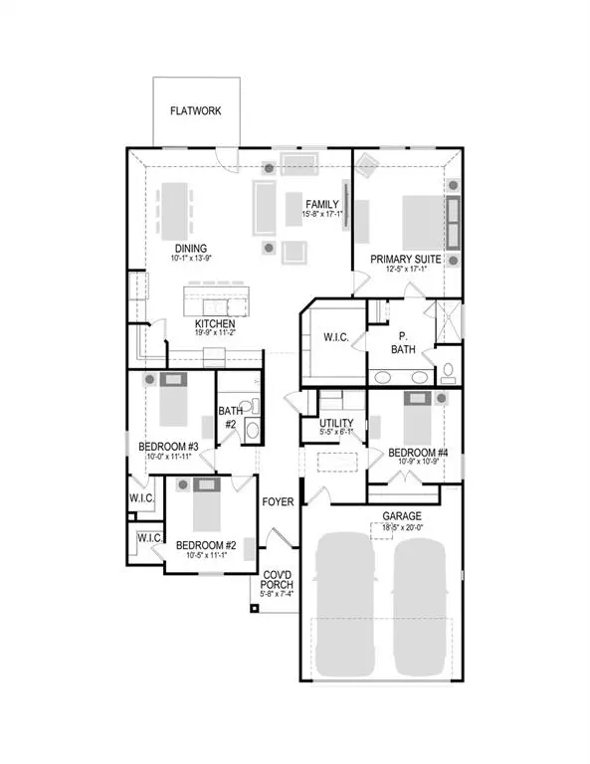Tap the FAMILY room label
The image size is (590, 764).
[x=322, y=204]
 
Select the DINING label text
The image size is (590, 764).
[x=190, y=250]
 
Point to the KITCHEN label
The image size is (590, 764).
[x=214, y=324]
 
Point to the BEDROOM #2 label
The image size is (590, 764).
[x=206, y=545]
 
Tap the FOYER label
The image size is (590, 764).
[x=277, y=502]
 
